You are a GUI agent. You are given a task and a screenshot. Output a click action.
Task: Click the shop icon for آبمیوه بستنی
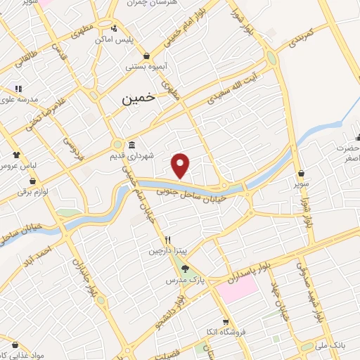coord(146,56)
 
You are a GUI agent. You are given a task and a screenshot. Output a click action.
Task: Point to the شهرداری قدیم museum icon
coord(131,146)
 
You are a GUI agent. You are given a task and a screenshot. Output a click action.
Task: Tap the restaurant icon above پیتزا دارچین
coord(167,240)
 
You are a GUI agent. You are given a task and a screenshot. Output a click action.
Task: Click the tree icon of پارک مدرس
coord(185,268)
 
